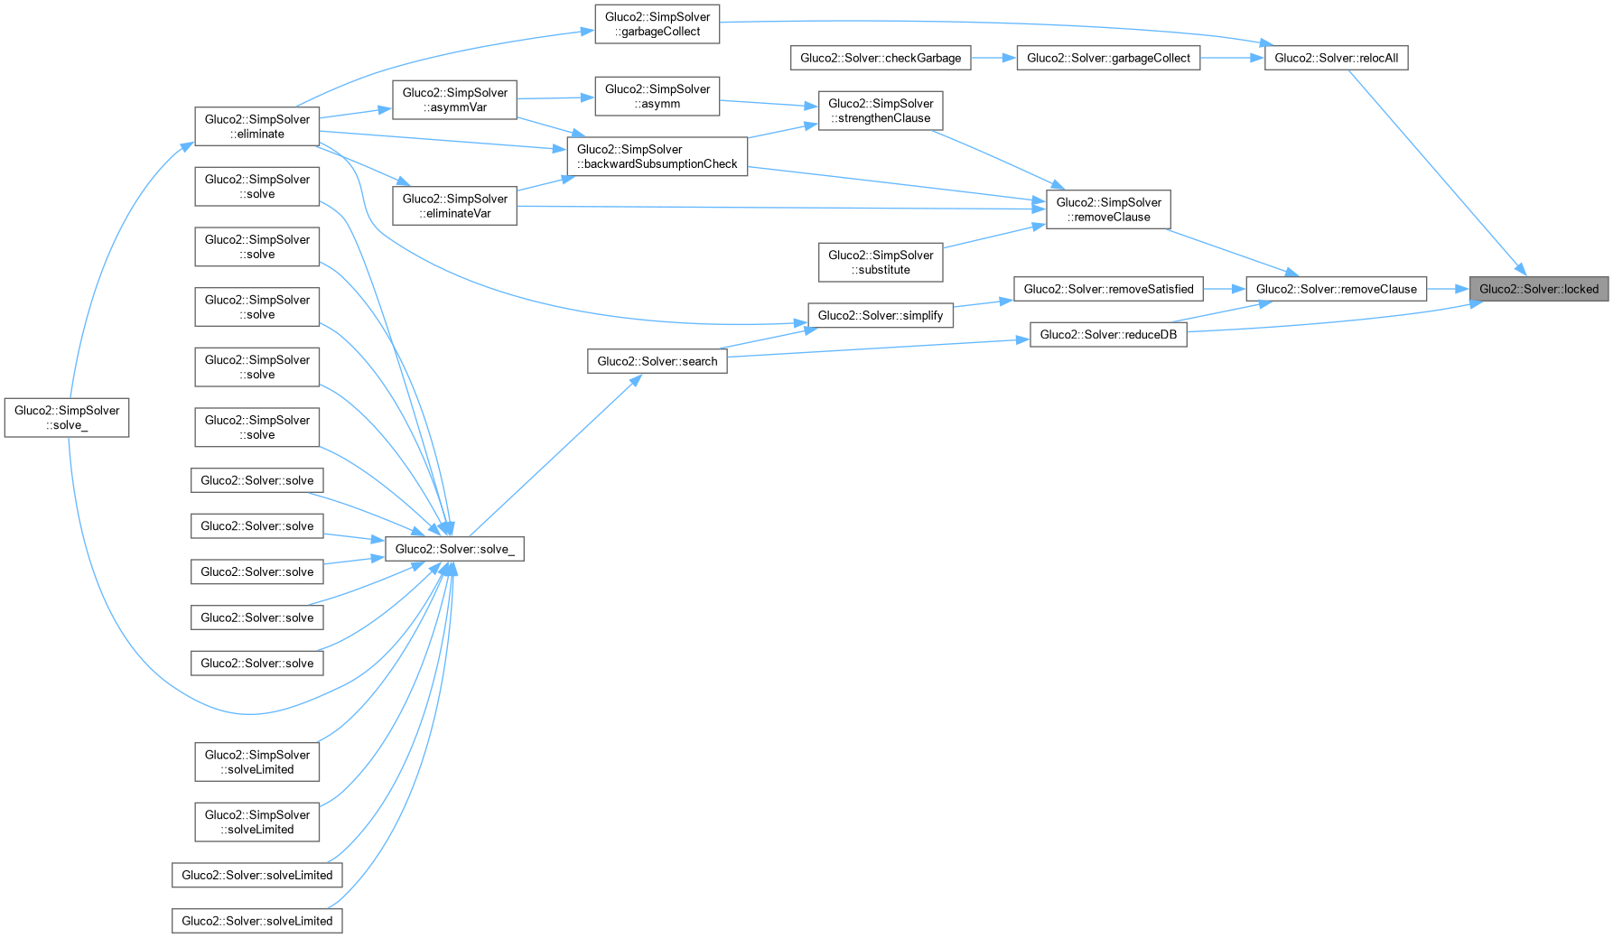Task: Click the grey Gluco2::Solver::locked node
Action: coord(1538,289)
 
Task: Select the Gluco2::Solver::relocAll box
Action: coord(1336,58)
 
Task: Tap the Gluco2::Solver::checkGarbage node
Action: coord(881,58)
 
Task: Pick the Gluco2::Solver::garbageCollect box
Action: coord(1108,58)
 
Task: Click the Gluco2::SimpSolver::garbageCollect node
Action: coord(657,24)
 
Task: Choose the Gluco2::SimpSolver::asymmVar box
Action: coord(454,100)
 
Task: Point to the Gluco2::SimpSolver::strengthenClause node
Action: coord(881,111)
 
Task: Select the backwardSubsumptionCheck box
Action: coord(657,157)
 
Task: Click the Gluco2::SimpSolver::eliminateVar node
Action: coord(454,206)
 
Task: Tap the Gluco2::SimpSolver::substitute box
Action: coord(881,263)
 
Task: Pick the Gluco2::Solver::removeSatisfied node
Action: coord(1108,289)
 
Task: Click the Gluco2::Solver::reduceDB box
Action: coord(1108,334)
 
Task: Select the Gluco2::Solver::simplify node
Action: coord(881,315)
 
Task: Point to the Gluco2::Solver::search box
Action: coord(657,361)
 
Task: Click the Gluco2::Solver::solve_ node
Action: coord(454,549)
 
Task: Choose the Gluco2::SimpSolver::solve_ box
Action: coord(67,418)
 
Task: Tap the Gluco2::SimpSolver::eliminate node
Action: coord(256,126)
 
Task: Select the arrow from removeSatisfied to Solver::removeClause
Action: coord(1225,289)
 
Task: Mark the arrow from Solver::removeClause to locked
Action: coord(1448,289)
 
